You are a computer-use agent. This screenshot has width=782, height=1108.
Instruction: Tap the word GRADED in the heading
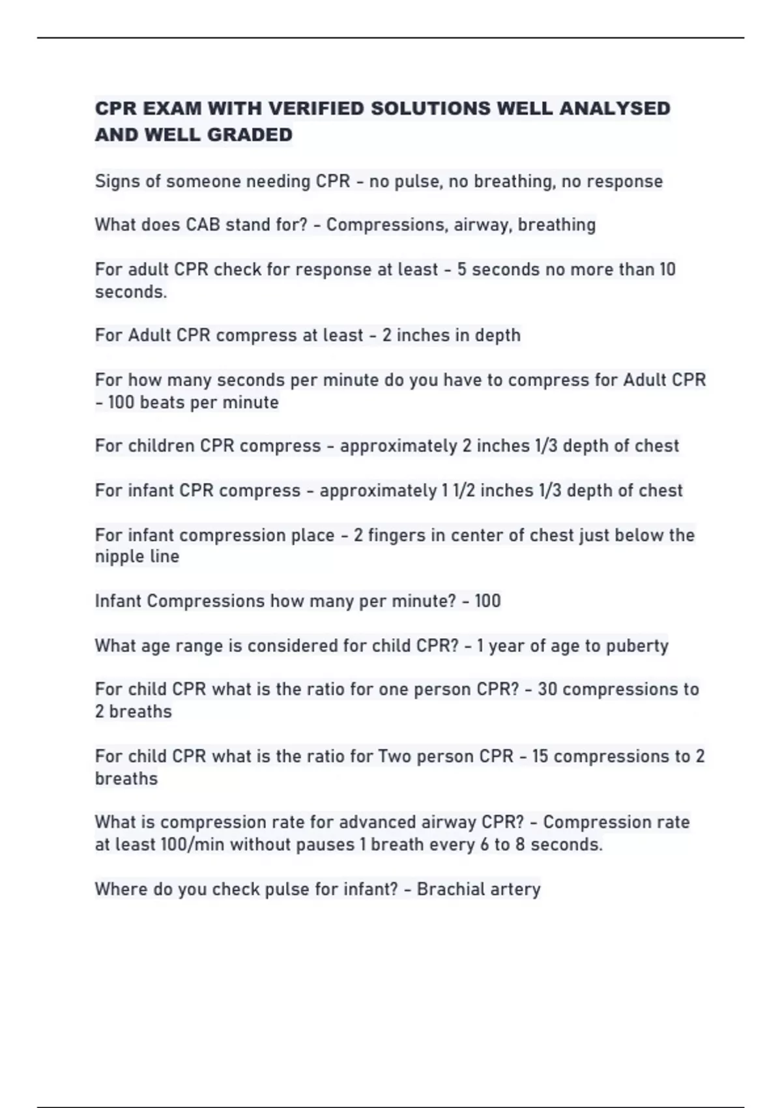click(x=251, y=135)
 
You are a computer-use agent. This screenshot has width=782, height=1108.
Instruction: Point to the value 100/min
click(x=193, y=845)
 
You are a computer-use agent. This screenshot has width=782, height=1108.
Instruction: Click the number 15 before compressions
click(x=540, y=756)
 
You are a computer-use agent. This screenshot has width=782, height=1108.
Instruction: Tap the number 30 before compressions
click(x=547, y=690)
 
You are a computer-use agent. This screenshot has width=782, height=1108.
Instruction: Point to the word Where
click(x=121, y=889)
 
